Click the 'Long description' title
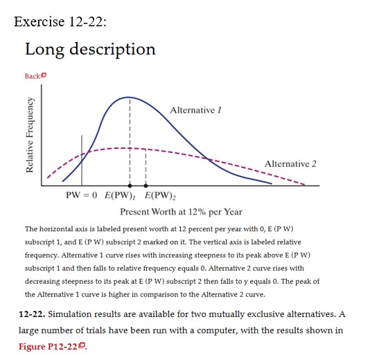[90, 49]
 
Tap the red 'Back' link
[32, 75]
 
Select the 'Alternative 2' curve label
[290, 163]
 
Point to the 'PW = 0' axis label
[82, 195]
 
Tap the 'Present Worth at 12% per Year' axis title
[181, 211]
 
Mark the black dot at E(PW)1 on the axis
[129, 186]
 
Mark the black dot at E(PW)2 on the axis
[145, 186]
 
